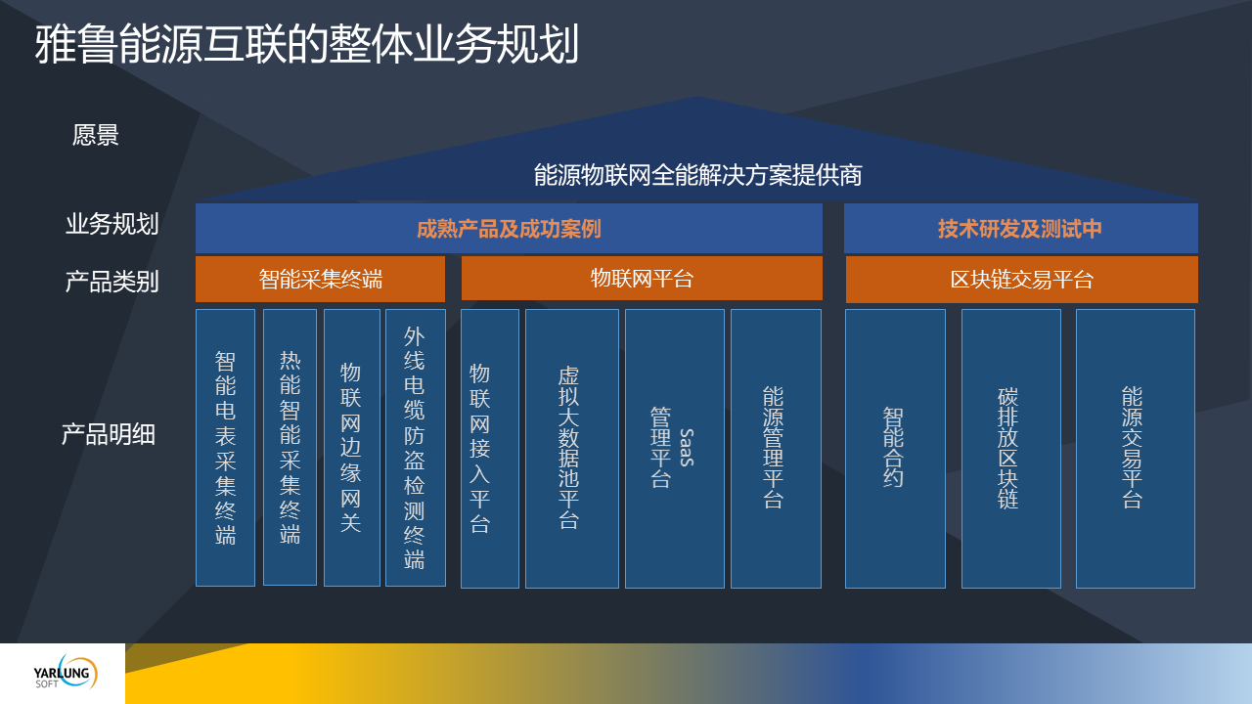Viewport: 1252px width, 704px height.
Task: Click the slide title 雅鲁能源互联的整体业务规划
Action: (306, 44)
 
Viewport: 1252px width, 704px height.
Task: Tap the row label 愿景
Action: (96, 135)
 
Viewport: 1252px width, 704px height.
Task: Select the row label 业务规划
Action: (112, 224)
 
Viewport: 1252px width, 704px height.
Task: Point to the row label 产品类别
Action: (112, 281)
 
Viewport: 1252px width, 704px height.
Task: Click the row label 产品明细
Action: (108, 434)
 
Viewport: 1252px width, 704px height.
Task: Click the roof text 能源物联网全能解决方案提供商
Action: (697, 175)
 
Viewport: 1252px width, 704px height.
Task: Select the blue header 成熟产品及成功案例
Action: (509, 229)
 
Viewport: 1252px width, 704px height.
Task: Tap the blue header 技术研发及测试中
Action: (1020, 229)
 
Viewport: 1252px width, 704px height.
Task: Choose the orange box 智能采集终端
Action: (320, 279)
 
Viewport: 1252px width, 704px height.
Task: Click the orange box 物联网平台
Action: (642, 279)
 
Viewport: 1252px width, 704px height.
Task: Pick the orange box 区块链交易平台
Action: (1022, 280)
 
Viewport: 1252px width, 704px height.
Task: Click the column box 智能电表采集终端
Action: (225, 448)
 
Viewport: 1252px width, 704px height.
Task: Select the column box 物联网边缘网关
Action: (351, 448)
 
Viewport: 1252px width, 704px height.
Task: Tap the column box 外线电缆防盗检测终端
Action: (416, 448)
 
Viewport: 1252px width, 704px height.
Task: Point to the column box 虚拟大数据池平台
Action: (572, 449)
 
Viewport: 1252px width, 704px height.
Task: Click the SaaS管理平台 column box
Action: (675, 449)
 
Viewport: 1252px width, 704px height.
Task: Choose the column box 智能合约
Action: (895, 449)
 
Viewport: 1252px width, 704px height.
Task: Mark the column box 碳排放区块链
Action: (1011, 449)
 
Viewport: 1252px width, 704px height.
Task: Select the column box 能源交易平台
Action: (1136, 449)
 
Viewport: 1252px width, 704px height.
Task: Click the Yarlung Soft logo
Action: (66, 673)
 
